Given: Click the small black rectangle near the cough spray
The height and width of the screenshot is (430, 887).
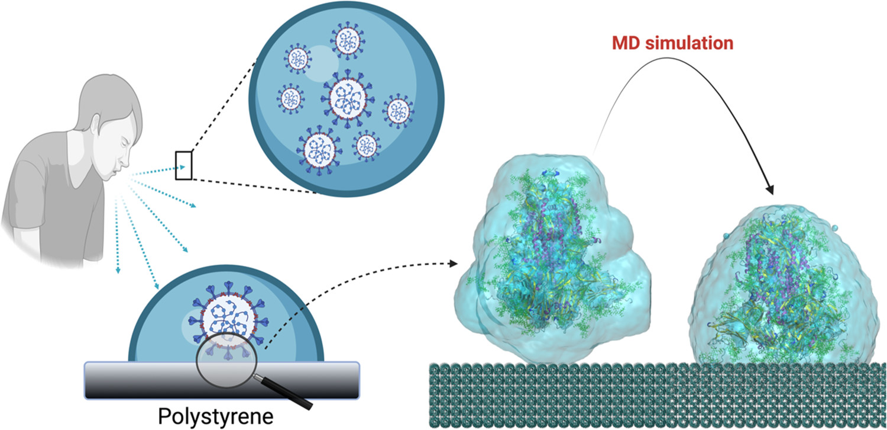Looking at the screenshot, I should tap(183, 165).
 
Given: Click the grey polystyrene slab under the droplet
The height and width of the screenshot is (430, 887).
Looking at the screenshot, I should tap(222, 379).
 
